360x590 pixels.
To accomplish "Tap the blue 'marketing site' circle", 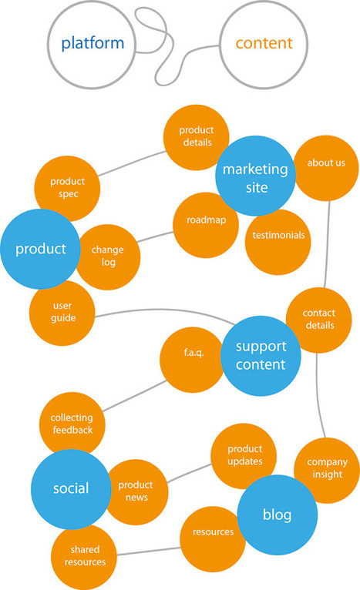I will pyautogui.click(x=254, y=176).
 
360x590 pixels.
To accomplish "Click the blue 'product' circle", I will pyautogui.click(x=39, y=249).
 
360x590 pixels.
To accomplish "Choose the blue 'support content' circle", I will pyautogui.click(x=259, y=354).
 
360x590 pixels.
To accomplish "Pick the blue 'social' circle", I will pyautogui.click(x=70, y=488).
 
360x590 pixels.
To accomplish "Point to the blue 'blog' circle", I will pyautogui.click(x=277, y=515).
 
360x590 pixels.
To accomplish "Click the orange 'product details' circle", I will pyautogui.click(x=196, y=137).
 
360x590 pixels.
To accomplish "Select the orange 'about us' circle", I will pyautogui.click(x=326, y=164).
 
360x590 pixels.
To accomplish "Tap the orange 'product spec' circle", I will pyautogui.click(x=68, y=187).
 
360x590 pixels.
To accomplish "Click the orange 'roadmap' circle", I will pyautogui.click(x=206, y=221).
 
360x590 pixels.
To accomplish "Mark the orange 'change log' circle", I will pyautogui.click(x=108, y=256).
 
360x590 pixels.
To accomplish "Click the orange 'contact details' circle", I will pyautogui.click(x=318, y=320).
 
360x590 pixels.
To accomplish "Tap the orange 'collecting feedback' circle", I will pyautogui.click(x=71, y=424).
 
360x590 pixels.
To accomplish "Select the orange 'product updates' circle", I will pyautogui.click(x=244, y=455).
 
